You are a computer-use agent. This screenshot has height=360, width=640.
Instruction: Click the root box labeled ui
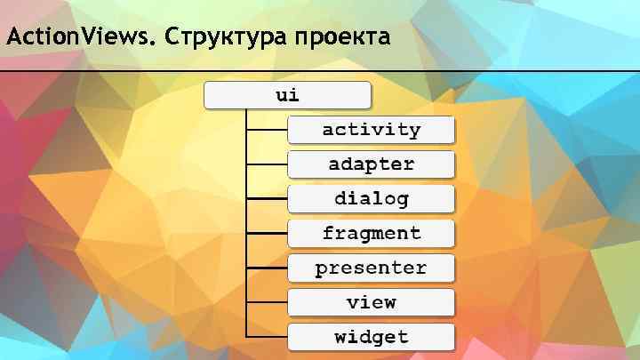287,95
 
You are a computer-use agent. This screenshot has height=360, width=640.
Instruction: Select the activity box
371,130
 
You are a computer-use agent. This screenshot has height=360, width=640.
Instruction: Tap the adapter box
371,164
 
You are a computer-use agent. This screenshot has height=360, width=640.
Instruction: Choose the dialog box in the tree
371,198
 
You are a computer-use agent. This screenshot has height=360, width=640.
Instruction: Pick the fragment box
371,233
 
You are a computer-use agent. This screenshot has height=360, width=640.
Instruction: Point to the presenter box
371,268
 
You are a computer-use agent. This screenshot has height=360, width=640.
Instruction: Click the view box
371,302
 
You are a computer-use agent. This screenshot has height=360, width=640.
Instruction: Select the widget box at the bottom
371,337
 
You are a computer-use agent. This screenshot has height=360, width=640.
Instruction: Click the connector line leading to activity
267,130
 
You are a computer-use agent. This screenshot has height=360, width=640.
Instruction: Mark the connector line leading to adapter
267,164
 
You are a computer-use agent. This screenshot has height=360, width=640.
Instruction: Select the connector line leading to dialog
267,198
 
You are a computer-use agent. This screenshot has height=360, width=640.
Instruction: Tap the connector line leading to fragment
267,233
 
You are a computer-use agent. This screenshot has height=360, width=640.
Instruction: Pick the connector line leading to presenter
267,268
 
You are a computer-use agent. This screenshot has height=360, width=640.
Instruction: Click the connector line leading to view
267,302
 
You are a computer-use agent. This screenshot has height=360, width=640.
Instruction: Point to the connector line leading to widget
267,337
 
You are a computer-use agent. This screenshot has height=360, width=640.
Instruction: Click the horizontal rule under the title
320,71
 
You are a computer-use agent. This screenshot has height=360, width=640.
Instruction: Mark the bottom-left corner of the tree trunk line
246,337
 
